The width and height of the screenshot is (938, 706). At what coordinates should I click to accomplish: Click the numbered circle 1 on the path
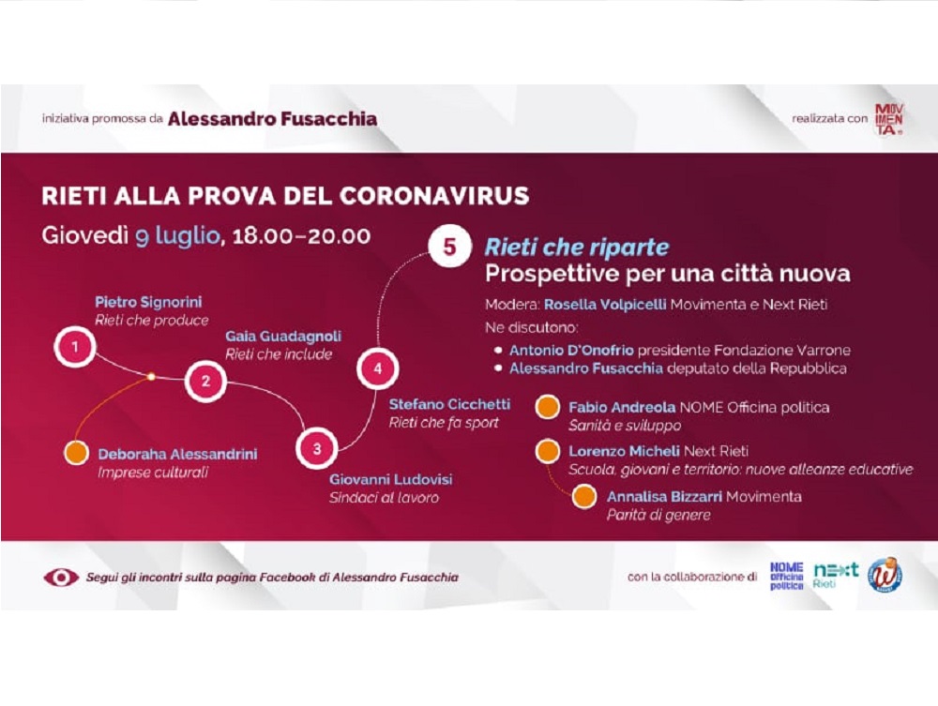(x=75, y=346)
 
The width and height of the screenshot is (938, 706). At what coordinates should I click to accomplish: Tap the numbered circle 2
(x=205, y=381)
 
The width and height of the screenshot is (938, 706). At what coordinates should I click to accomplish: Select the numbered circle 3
(x=316, y=448)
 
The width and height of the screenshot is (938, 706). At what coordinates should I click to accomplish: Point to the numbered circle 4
(x=377, y=368)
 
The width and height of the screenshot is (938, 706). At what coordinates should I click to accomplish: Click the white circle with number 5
(x=449, y=247)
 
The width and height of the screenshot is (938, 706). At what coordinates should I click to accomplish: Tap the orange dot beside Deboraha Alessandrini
(x=77, y=453)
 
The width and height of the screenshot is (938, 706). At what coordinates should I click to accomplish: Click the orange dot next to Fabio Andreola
(x=547, y=407)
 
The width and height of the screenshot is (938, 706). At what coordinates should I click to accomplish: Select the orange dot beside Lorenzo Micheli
(x=547, y=451)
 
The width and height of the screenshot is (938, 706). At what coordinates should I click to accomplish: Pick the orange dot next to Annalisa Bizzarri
(x=584, y=496)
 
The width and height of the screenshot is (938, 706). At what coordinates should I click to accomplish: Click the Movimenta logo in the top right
(x=889, y=119)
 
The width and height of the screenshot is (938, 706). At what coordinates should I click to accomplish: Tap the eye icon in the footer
(x=61, y=578)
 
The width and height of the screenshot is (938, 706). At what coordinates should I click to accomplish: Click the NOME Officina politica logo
(x=786, y=577)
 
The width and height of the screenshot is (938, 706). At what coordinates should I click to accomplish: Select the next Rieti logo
(x=836, y=575)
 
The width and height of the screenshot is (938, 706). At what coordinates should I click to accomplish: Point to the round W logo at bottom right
(x=885, y=575)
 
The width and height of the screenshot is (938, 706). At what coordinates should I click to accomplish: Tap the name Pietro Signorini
(x=148, y=302)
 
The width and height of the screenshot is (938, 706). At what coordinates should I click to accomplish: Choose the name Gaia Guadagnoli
(x=283, y=336)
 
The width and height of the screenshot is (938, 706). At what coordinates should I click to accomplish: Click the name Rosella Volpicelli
(x=605, y=305)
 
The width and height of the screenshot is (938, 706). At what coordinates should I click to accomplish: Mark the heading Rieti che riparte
(x=577, y=247)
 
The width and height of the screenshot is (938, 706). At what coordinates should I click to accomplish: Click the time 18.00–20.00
(x=301, y=236)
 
